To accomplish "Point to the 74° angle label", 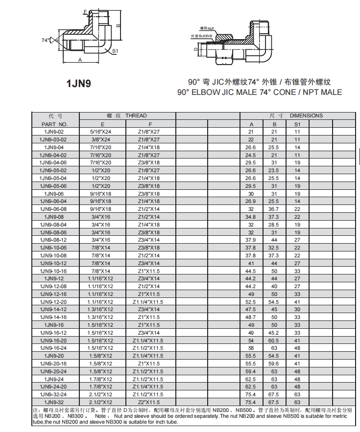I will [x=46, y=40].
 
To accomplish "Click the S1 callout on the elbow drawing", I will [x=115, y=51].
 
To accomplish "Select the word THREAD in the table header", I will [x=136, y=116].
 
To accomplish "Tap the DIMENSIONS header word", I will [x=306, y=116].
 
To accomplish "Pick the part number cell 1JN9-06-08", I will [x=55, y=209].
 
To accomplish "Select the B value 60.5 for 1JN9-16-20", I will [x=274, y=340].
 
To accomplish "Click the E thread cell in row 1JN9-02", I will [x=102, y=132].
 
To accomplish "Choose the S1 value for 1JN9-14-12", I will [x=297, y=309].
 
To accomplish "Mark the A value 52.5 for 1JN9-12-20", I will [x=251, y=301].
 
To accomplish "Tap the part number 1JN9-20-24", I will [x=55, y=371].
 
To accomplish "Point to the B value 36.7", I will [x=274, y=209].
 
